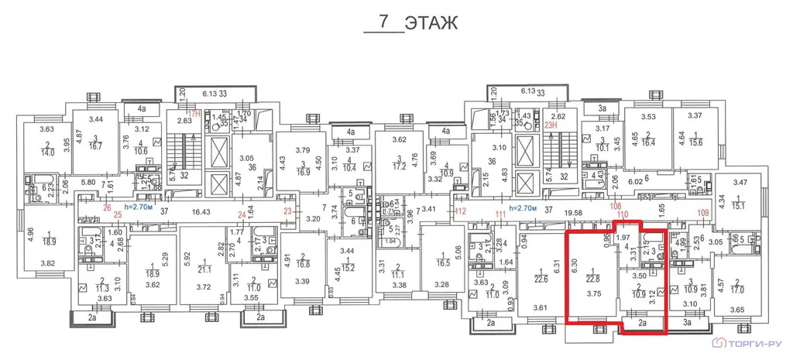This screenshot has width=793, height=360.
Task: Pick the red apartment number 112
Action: tap(461, 210)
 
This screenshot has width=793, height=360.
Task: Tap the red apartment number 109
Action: tap(703, 211)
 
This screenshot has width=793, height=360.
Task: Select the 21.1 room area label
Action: tap(205, 269)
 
